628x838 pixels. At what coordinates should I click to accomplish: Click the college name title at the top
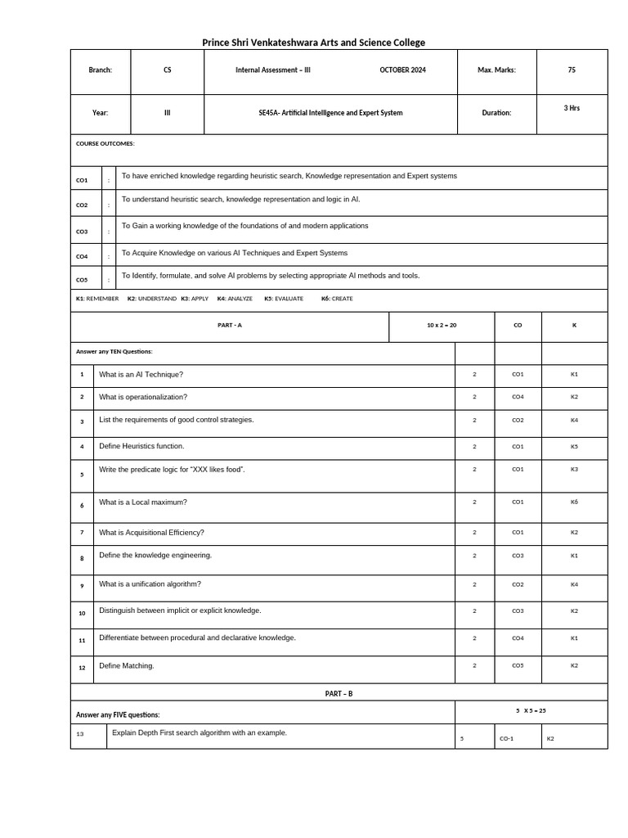pos(313,43)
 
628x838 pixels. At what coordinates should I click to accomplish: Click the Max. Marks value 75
pos(572,70)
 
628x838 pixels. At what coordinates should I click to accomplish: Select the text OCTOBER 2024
pos(402,70)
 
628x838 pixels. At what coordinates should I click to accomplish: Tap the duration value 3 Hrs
pos(572,108)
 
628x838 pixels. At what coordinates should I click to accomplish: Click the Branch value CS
pos(168,70)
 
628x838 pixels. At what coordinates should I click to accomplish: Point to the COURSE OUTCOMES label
pos(105,144)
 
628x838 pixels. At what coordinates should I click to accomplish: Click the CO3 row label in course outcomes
pos(82,232)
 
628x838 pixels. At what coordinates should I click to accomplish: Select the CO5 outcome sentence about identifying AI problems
pos(271,276)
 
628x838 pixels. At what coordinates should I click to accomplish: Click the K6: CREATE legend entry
pos(337,299)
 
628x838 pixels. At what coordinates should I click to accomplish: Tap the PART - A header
pos(230,326)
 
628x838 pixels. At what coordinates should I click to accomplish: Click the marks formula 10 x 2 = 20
pos(442,326)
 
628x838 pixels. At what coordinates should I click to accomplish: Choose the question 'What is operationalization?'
pos(143,397)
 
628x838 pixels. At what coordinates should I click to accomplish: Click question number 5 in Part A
pos(82,475)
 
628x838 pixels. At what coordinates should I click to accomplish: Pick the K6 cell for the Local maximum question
pos(574,502)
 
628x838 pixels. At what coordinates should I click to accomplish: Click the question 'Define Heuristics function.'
pos(141,446)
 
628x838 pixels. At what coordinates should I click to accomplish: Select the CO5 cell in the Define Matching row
pos(518,665)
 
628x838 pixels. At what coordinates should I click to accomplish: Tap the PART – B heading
pos(339,694)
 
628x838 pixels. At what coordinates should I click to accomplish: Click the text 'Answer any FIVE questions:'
pos(118,714)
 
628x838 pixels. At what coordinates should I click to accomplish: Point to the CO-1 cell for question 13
pos(506,739)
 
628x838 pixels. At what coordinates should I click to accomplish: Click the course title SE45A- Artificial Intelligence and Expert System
pos(330,113)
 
